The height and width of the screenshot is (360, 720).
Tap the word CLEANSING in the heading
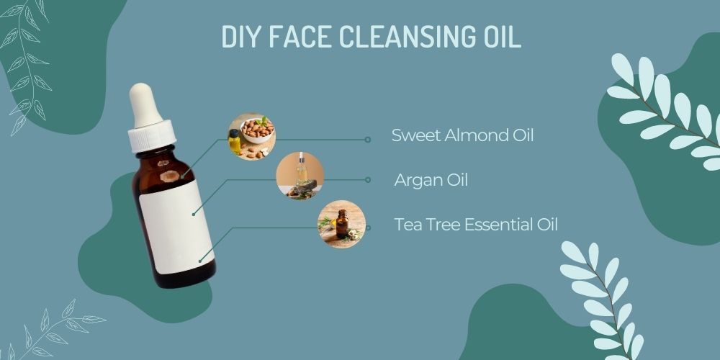click(397, 37)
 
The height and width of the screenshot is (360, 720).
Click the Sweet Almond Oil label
click(462, 135)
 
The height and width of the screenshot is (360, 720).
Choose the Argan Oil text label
click(431, 180)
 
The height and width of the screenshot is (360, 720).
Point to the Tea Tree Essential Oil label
click(476, 225)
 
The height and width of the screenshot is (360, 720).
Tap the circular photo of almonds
click(251, 135)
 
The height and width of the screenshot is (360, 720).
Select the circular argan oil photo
click(300, 176)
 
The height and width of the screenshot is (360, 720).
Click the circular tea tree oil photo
click(342, 224)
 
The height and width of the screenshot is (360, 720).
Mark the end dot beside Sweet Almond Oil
click(368, 140)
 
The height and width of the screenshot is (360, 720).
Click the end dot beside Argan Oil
click(368, 180)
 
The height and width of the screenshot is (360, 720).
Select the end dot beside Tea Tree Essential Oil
click(368, 228)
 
